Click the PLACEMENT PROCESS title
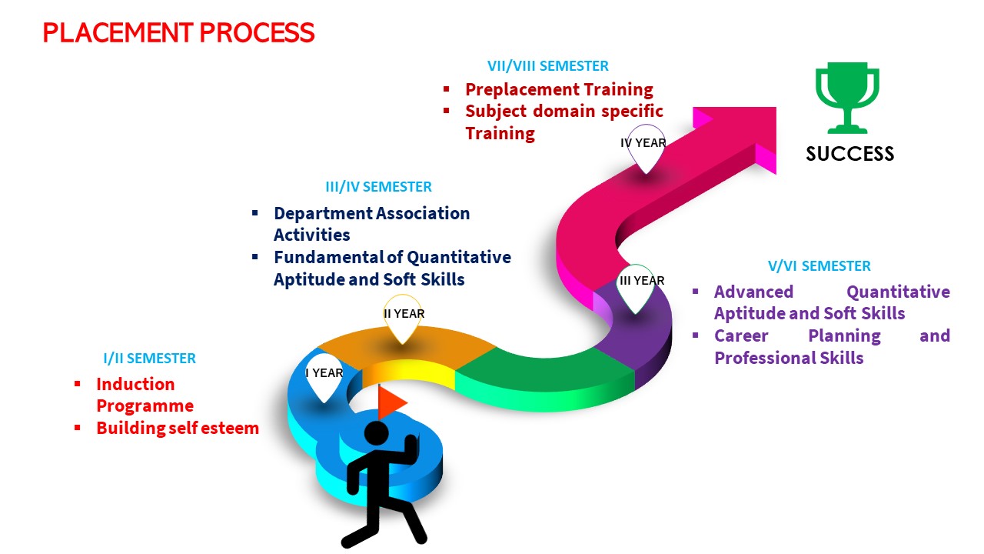pyautogui.click(x=178, y=33)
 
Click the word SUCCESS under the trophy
pyautogui.click(x=849, y=154)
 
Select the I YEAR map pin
pyautogui.click(x=324, y=377)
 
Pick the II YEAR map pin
pyautogui.click(x=404, y=318)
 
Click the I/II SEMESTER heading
pyautogui.click(x=149, y=359)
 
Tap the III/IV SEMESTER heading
pyautogui.click(x=378, y=187)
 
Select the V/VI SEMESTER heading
pyautogui.click(x=819, y=266)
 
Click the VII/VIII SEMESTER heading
pyautogui.click(x=547, y=66)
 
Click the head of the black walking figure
pyautogui.click(x=377, y=434)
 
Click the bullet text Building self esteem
pyautogui.click(x=178, y=429)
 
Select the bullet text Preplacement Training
pyautogui.click(x=559, y=89)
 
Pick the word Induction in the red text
pyautogui.click(x=135, y=384)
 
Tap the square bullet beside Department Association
pyautogui.click(x=255, y=213)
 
